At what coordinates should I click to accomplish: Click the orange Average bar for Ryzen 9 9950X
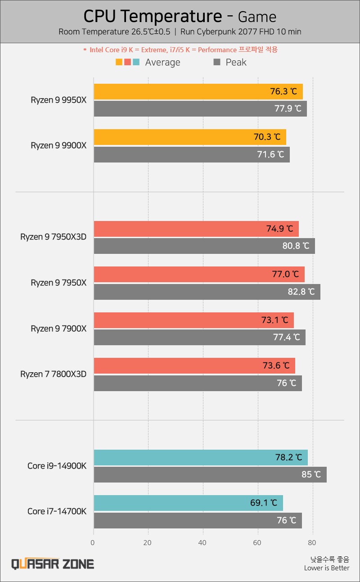198,91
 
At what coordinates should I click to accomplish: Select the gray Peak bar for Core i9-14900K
210,474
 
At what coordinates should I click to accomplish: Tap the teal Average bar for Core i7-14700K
188,503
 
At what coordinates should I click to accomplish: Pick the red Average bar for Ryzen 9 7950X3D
196,229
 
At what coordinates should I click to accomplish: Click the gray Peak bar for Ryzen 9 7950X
207,292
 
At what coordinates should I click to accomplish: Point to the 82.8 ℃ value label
301,292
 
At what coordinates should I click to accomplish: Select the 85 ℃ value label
311,474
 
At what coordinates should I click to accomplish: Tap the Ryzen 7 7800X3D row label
53,374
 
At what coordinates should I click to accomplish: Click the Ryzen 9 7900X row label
58,329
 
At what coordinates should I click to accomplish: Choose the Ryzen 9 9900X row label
58,145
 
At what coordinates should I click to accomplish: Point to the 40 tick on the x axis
203,543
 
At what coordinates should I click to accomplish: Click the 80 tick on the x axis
313,543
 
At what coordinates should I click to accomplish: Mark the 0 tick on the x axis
93,543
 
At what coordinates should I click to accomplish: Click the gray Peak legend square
217,62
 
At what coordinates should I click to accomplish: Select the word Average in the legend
162,62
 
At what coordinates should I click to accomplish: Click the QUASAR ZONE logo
53,564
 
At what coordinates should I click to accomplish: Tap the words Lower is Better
326,568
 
